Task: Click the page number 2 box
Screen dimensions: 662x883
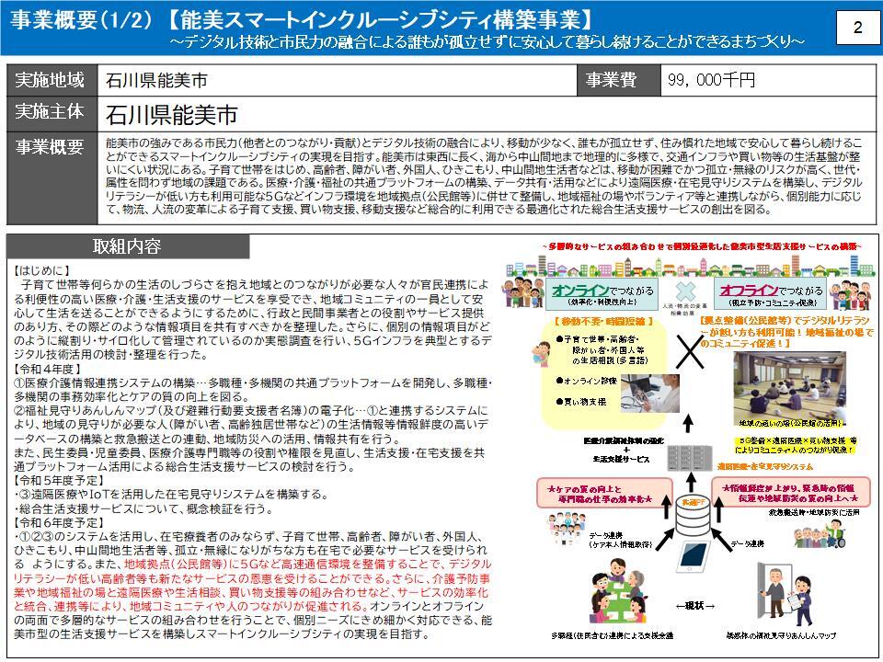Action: point(857,29)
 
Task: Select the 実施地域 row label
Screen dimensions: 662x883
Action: point(51,80)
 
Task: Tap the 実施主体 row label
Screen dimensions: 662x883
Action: point(51,112)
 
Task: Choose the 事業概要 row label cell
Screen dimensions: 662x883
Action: point(51,146)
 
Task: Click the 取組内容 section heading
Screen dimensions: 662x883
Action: point(127,246)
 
